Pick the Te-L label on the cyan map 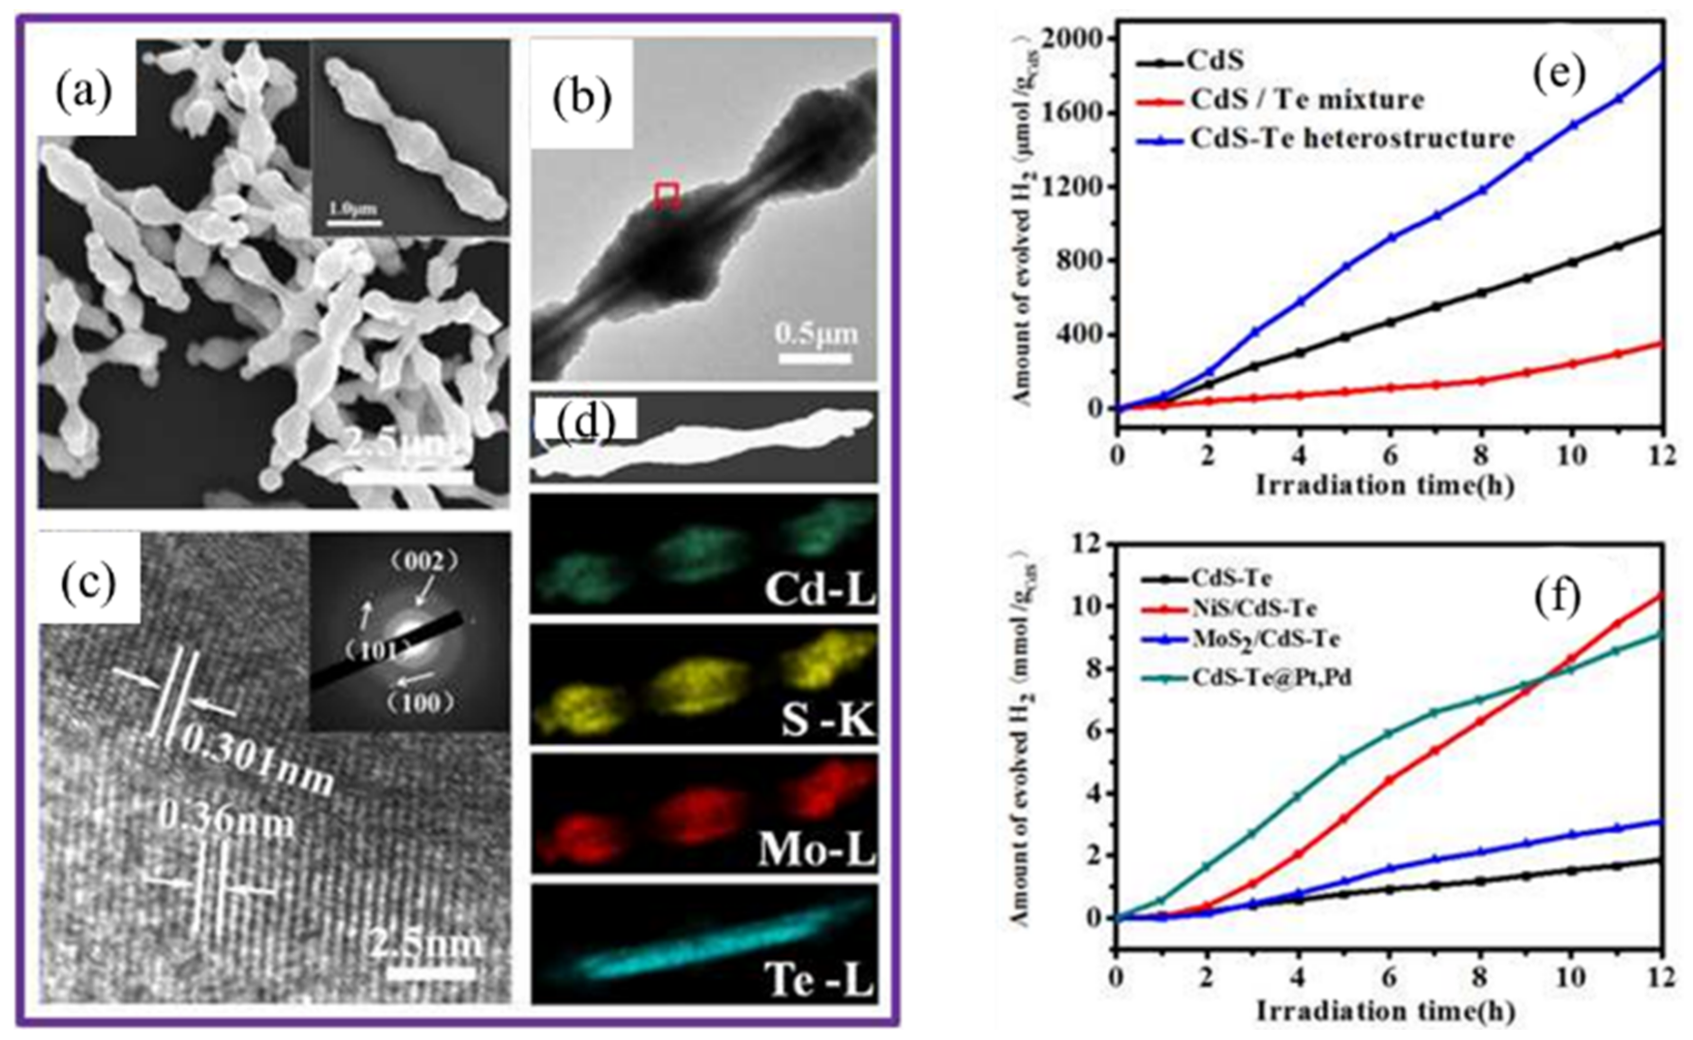pos(818,981)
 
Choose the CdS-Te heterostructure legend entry pos(1352,138)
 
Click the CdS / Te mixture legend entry pos(1306,100)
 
